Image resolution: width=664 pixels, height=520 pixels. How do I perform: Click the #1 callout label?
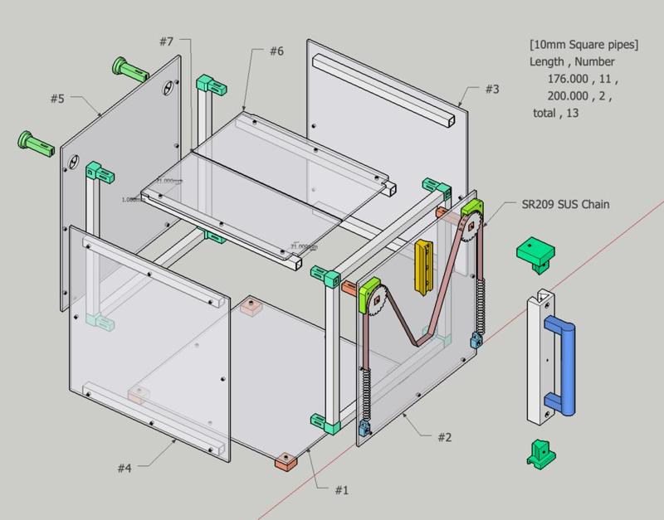(x=340, y=490)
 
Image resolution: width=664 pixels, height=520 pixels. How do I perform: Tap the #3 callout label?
(x=492, y=89)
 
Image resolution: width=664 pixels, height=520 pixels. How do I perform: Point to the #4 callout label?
(x=124, y=469)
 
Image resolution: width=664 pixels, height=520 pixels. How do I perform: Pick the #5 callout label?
(x=56, y=99)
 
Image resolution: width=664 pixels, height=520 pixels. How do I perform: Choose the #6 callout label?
(x=276, y=51)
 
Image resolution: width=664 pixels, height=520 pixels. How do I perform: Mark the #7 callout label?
(x=165, y=41)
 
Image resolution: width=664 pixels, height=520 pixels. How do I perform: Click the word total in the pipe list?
(x=545, y=114)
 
